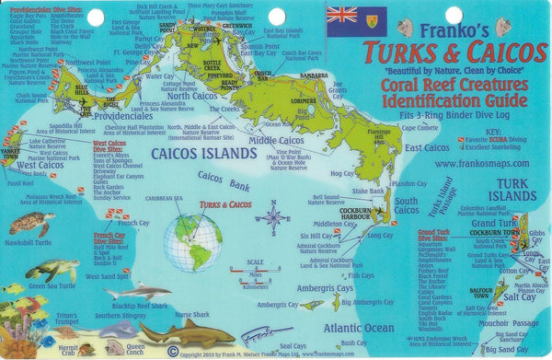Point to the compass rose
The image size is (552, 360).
coord(273,218)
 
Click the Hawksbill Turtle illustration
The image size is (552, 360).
coord(30,223)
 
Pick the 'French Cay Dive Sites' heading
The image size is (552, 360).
coord(110,238)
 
